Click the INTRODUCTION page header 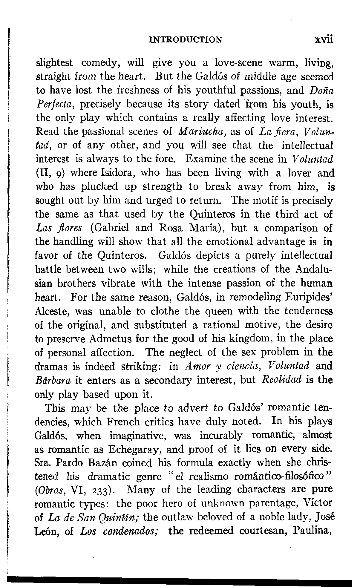pos(185,40)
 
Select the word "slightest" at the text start pos(54,63)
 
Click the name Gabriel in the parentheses pos(112,228)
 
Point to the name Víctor pos(317,504)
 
